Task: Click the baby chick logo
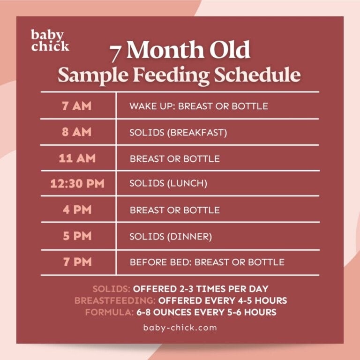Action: tap(50, 40)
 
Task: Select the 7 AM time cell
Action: tap(77, 105)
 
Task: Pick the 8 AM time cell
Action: tap(77, 132)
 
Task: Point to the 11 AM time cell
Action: tap(77, 158)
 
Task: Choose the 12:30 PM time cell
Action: tap(77, 183)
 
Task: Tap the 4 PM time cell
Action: tap(77, 210)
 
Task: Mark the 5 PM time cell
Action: tap(77, 236)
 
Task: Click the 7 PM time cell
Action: tap(77, 262)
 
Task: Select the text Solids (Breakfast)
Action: tap(178, 133)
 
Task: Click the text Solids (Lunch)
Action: tap(168, 184)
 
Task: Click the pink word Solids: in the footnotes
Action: tap(111, 289)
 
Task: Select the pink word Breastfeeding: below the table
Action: tap(114, 300)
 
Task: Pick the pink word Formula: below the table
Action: tap(104, 312)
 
